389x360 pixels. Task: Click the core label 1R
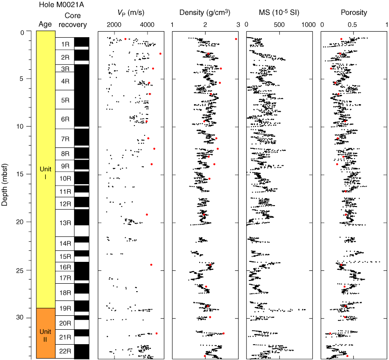pos(65,44)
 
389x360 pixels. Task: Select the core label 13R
pos(65,223)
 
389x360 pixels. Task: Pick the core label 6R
pos(65,119)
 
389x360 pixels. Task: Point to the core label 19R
pos(65,308)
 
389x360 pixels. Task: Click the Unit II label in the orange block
pos(45,334)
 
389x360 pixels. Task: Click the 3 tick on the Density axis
pos(238,24)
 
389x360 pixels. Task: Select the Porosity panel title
pos(354,13)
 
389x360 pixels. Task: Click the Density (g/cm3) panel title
pos(206,13)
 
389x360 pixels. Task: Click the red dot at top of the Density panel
pos(236,39)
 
